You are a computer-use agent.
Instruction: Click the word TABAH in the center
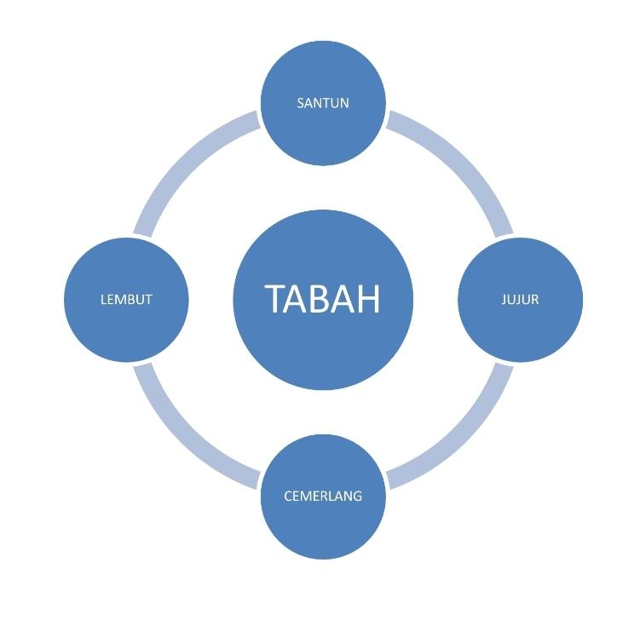(x=323, y=299)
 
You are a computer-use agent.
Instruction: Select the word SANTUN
(x=323, y=103)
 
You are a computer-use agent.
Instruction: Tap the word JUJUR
(x=520, y=300)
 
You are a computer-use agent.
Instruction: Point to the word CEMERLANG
(x=323, y=497)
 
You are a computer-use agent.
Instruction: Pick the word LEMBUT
(x=126, y=300)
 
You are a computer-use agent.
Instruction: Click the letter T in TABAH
(x=276, y=299)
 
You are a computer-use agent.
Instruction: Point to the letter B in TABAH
(x=322, y=299)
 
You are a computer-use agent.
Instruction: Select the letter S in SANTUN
(x=301, y=103)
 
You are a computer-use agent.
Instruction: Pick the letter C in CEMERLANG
(x=288, y=497)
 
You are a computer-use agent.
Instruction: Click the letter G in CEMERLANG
(x=357, y=497)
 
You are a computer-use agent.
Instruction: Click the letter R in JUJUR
(x=534, y=300)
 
